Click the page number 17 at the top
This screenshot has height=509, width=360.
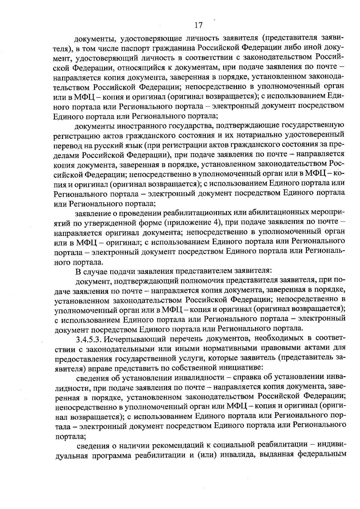199,25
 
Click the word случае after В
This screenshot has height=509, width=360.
95,272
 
